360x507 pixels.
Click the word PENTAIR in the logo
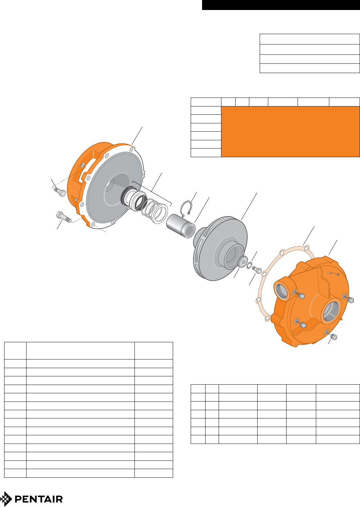point(39,499)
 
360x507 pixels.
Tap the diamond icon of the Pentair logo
point(6,499)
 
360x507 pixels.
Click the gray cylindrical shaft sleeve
point(181,226)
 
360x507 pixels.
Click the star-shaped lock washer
point(249,265)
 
